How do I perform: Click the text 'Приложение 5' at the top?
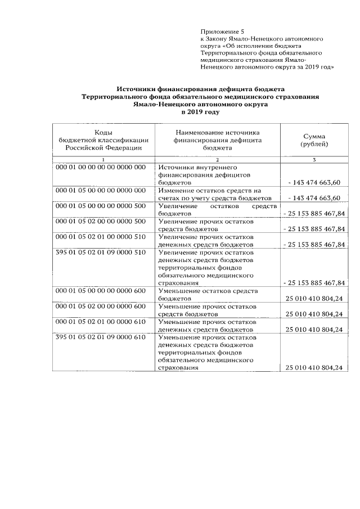[223, 31]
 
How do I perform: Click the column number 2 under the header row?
[217, 160]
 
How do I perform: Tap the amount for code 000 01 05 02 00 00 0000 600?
[314, 314]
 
